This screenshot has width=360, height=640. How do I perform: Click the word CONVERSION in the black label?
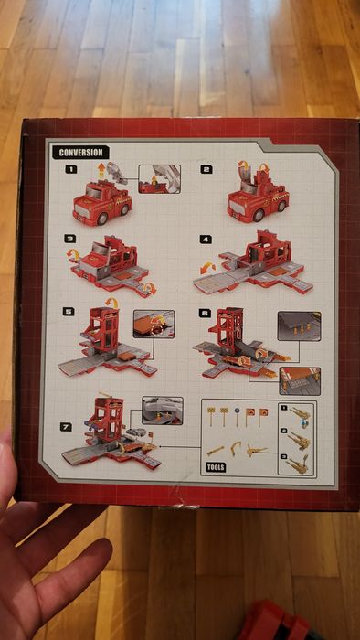coord(80,153)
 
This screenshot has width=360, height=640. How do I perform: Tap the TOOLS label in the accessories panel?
coord(216,467)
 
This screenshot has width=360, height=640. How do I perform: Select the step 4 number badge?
coord(206,240)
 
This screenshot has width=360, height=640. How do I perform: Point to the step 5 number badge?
coord(69,312)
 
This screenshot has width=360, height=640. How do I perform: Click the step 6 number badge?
coord(205,314)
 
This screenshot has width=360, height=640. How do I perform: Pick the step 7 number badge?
coord(66,427)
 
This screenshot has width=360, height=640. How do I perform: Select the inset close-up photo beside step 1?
coord(159,179)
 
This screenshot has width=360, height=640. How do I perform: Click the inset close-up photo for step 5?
coord(154,324)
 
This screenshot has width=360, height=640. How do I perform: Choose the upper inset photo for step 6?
coord(300,326)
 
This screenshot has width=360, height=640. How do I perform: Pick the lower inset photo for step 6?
coord(300,381)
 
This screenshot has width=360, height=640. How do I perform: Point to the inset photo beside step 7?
coord(163,411)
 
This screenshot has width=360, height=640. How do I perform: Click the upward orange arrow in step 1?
coord(101,169)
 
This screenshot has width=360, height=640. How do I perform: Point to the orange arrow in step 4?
coord(207,269)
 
